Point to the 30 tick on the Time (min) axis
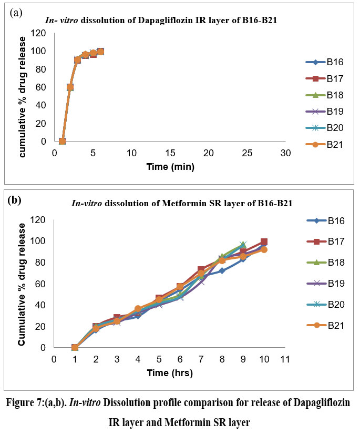click(x=285, y=153)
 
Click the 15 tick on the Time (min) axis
click(x=170, y=153)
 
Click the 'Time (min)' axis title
click(x=170, y=167)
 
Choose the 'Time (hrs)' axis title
click(x=170, y=373)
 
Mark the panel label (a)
click(x=16, y=12)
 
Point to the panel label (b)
click(x=14, y=200)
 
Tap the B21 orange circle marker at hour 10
click(x=264, y=249)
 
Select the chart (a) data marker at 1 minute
click(x=62, y=141)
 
